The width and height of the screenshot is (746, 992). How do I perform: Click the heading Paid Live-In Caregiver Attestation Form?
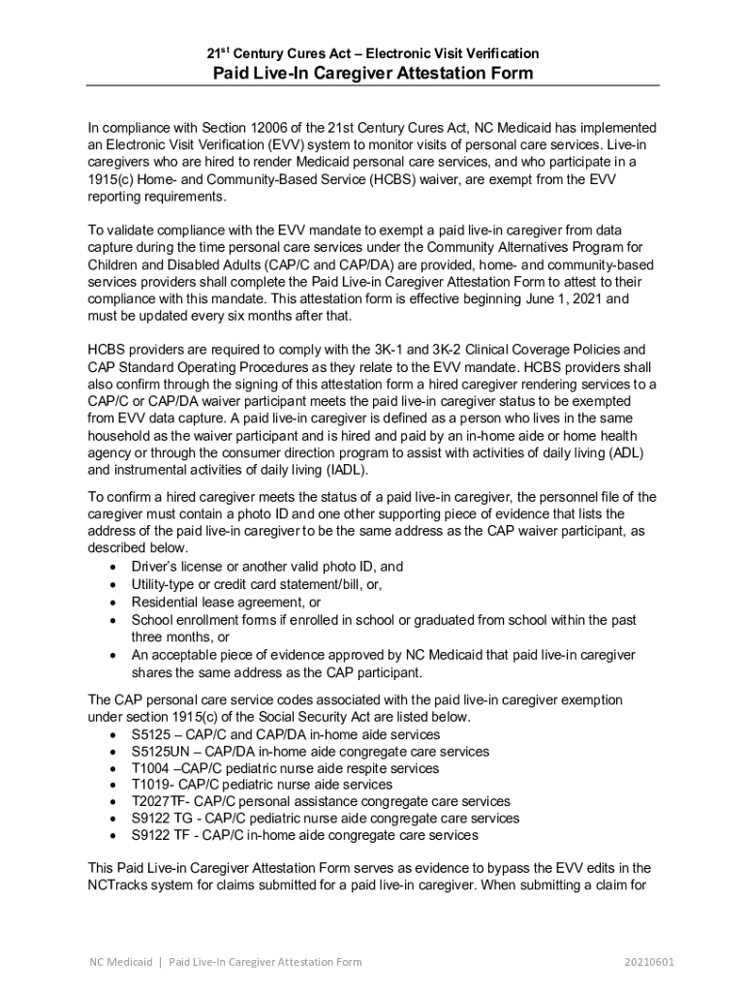(x=373, y=75)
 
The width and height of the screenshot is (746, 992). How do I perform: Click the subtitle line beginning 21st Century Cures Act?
(x=373, y=53)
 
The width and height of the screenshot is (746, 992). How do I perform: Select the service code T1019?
(x=151, y=785)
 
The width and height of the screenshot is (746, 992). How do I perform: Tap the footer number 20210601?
(x=649, y=962)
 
